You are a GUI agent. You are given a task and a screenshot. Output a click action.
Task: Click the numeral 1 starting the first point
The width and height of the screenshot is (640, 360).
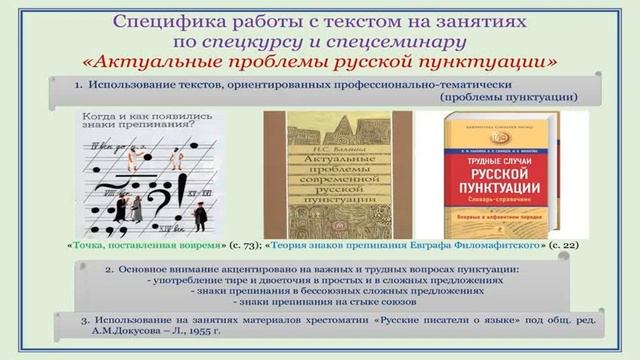(x=78, y=86)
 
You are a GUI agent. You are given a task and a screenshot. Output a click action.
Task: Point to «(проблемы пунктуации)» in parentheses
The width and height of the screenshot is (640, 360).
(x=507, y=97)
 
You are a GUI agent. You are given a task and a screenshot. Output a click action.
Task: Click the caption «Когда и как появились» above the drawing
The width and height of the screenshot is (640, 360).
(x=143, y=116)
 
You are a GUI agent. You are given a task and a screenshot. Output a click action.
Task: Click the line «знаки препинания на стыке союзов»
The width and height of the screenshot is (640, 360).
(x=329, y=300)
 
